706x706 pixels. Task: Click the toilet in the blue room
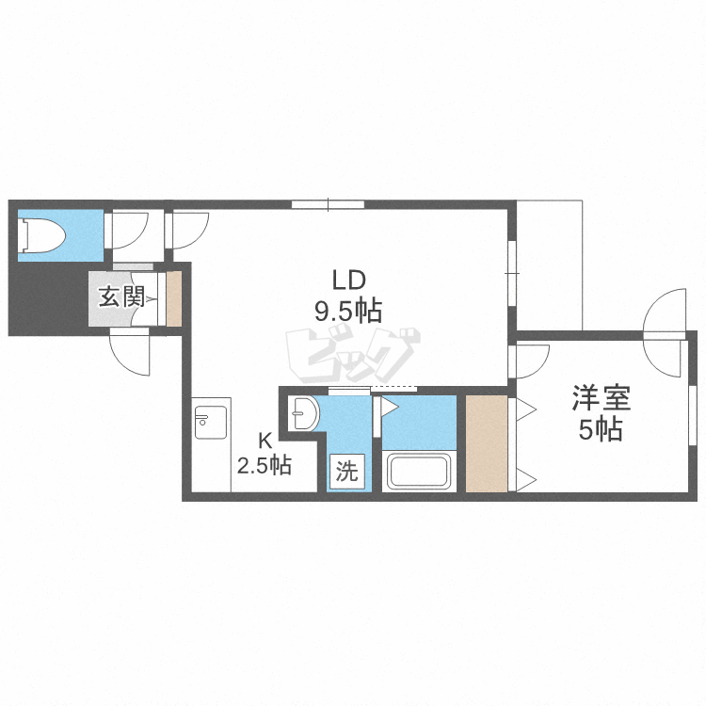point(41,235)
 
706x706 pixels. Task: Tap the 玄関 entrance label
point(121,297)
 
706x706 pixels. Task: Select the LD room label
point(348,281)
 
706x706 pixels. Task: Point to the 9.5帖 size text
point(348,312)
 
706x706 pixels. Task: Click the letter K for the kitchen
point(265,441)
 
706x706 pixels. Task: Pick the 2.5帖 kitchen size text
point(265,466)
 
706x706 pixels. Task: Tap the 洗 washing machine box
point(346,472)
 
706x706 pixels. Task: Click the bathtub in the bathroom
point(419,471)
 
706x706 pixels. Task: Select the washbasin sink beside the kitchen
point(304,413)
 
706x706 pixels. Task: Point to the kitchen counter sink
point(211,423)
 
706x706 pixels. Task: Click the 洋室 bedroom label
point(602,398)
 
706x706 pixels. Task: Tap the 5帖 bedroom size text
point(601,429)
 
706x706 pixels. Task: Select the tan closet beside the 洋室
point(487,443)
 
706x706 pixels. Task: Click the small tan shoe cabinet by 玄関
point(174,298)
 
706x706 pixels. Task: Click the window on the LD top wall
point(328,204)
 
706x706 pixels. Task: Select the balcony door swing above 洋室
point(665,333)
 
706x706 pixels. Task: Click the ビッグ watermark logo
point(353,355)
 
